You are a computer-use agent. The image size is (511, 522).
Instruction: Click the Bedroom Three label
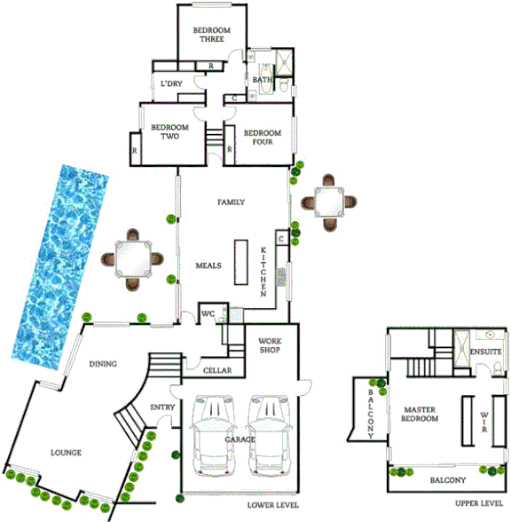[212, 35]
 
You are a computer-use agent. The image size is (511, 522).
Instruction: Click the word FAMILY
[231, 202]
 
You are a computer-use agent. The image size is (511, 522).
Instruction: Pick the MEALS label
[208, 265]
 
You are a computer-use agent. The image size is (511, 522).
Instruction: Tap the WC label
[209, 314]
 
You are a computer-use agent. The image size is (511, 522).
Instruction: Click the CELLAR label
[217, 370]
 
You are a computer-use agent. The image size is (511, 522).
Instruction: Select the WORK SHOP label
[270, 345]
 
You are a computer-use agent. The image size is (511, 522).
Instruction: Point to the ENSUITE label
[485, 352]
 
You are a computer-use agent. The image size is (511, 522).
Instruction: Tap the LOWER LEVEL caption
[271, 507]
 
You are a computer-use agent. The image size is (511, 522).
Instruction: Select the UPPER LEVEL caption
[479, 502]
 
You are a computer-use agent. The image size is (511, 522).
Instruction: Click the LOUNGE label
[67, 453]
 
